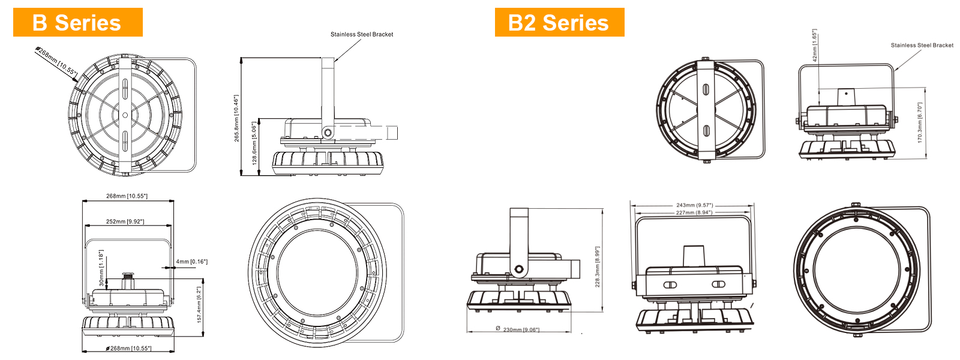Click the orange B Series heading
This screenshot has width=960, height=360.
pos(77,23)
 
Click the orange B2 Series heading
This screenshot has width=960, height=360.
pos(559,23)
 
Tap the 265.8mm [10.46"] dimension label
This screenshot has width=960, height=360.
pos(236,118)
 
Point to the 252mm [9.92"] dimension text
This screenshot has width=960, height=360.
pos(125,222)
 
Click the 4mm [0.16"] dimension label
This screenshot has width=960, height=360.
pos(191,262)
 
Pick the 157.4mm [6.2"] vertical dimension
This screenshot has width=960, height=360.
pos(199,304)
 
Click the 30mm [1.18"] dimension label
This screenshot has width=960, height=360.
pos(101,268)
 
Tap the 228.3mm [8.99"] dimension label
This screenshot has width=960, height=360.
pos(597,267)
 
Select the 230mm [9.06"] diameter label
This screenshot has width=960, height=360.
pos(520,330)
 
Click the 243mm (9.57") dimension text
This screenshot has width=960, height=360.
pos(694,205)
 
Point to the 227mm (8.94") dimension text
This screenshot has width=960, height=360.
pos(694,212)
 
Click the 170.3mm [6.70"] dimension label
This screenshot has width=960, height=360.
pos(920,122)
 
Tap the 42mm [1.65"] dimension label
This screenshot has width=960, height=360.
pos(814,46)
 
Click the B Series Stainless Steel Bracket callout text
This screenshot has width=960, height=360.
pos(362,34)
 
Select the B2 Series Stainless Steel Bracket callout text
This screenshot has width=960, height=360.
pos(922,45)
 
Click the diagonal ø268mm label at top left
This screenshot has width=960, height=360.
pos(56,61)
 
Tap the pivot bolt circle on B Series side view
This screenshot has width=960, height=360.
pos(328,132)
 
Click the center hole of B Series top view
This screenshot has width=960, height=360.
pos(125,115)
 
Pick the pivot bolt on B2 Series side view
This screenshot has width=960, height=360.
pos(518,269)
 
